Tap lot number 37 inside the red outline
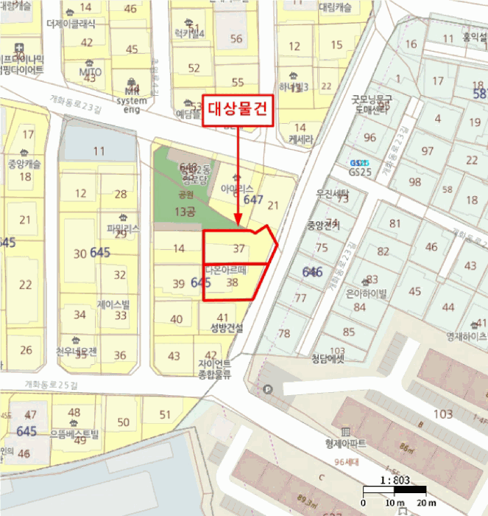[238, 248]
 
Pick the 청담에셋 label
[328, 359]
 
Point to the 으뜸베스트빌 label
[74, 433]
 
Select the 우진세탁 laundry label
[332, 192]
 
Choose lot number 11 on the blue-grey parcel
[99, 151]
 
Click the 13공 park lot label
[185, 212]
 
